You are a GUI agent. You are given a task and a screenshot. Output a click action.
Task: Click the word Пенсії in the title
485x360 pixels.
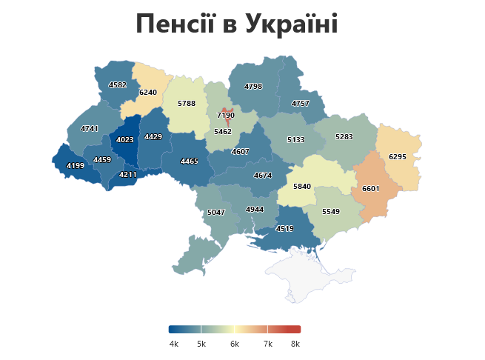pos(175,24)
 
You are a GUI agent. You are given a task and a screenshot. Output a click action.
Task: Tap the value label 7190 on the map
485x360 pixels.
pos(226,116)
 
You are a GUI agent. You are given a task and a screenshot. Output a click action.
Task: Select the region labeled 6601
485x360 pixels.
pos(370,189)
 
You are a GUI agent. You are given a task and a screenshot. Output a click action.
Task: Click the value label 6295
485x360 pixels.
pos(398,157)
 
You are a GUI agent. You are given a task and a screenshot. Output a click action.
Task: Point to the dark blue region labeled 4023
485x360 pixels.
pos(125,140)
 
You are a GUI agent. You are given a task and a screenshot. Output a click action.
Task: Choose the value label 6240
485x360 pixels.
pos(148,93)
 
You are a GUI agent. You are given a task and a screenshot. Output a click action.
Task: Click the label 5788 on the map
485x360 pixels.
pos(187,104)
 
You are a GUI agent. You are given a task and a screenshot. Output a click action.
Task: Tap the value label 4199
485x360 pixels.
pos(75,165)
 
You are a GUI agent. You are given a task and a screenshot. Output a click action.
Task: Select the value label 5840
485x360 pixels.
pos(302,187)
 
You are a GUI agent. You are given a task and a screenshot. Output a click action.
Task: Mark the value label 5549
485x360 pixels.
pos(331,212)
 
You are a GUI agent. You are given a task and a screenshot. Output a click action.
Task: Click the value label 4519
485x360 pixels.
pos(284,229)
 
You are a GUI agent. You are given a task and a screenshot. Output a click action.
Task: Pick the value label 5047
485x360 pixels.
pos(216,213)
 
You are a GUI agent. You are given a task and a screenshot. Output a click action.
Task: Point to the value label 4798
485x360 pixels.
pos(253,87)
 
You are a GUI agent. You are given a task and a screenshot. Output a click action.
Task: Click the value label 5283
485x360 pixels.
pos(344,137)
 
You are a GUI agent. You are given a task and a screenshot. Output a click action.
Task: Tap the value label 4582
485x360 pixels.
pos(117,85)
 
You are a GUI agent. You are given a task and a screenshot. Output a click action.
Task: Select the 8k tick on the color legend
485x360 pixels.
pos(295,344)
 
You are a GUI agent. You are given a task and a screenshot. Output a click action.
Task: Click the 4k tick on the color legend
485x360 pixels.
pos(174,344)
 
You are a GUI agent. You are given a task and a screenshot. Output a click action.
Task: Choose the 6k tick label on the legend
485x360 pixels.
pos(234,344)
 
